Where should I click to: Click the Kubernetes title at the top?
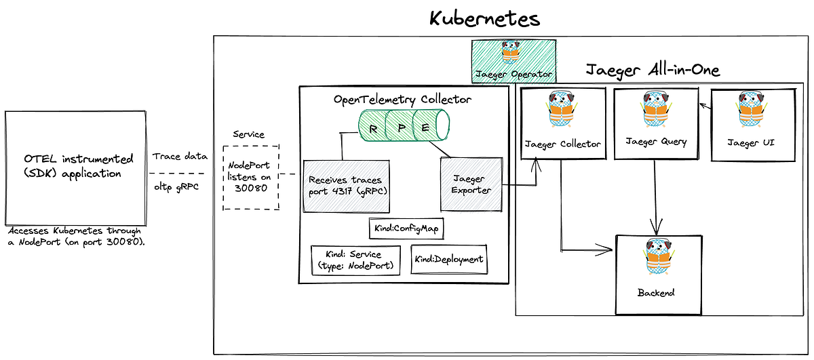[484, 18]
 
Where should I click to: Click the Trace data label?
[180, 156]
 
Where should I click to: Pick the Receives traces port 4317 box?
[344, 186]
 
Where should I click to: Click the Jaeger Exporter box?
[471, 185]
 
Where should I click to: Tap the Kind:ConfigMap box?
[406, 229]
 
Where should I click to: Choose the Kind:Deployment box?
[448, 259]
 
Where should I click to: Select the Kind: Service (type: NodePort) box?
[355, 260]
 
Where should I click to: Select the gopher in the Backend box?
[656, 260]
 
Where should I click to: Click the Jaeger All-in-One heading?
[652, 70]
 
